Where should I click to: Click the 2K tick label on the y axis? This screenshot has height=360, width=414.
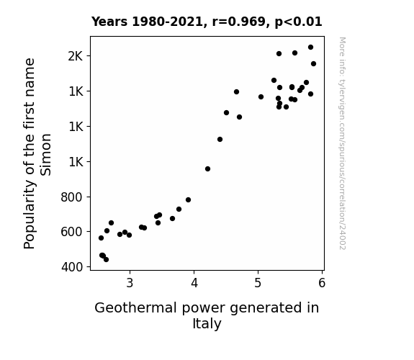tap(76, 56)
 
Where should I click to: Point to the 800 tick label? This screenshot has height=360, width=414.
tap(71, 197)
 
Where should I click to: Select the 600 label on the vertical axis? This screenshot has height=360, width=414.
tap(71, 232)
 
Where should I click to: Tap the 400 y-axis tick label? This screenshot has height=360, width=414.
tap(72, 267)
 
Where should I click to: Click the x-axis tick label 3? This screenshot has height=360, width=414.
tap(130, 283)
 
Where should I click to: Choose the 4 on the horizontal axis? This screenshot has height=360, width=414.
tap(194, 283)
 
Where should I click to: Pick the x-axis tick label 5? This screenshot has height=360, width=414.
tap(258, 283)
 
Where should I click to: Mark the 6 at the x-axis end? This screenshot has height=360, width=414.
tap(322, 283)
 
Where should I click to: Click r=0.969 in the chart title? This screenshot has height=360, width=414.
tap(239, 22)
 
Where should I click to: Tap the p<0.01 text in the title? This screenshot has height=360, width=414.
tap(298, 22)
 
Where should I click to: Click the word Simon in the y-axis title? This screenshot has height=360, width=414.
tap(45, 155)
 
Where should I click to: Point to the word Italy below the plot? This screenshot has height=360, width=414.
tap(207, 324)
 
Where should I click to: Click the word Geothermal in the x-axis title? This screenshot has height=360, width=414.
tap(135, 308)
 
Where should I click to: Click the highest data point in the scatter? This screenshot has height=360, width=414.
tap(311, 48)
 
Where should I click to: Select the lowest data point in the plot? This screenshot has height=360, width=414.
tap(106, 260)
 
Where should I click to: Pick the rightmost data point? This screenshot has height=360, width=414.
tap(314, 63)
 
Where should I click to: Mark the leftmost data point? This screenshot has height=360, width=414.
tap(101, 238)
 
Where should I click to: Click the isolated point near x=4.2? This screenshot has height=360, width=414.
tap(208, 168)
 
